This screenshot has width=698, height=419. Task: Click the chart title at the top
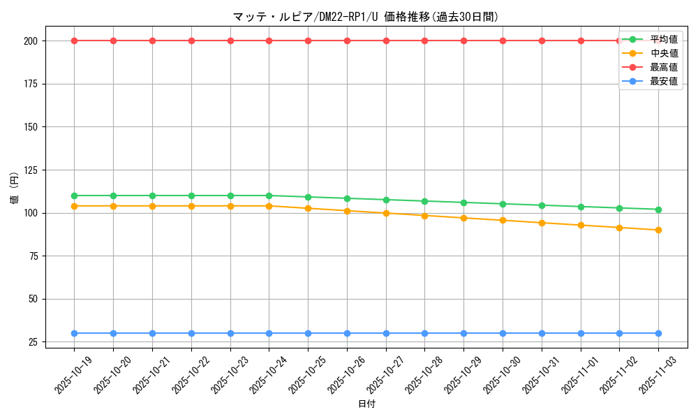coord(366,17)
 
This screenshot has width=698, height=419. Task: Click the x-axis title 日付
coord(366,404)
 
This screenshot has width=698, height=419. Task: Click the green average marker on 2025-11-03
coord(658,209)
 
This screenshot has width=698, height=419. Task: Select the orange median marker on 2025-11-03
coord(658,230)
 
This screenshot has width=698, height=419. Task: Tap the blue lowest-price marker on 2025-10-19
coord(74,333)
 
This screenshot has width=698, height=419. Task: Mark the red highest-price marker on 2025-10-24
coord(269,41)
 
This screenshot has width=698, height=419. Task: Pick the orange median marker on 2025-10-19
coord(74,206)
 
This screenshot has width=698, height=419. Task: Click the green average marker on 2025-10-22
coord(191,196)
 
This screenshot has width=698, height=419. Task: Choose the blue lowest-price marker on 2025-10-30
coord(503,333)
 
